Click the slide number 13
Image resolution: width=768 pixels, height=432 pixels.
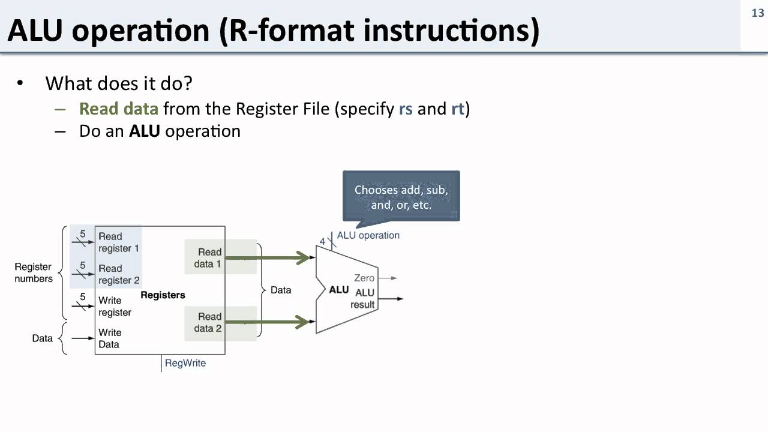757,13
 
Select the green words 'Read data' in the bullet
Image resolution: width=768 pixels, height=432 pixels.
119,109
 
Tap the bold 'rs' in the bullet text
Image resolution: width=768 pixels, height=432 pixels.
406,109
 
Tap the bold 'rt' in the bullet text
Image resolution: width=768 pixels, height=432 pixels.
458,109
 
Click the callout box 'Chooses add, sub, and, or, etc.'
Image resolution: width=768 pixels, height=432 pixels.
401,197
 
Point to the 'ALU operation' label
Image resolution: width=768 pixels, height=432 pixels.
368,235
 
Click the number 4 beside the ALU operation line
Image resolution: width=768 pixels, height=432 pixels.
322,242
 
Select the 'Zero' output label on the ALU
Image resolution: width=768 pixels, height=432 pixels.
364,278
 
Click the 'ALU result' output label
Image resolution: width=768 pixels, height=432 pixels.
364,298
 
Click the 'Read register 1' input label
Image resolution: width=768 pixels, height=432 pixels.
119,242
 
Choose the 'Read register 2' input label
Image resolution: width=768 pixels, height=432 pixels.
119,274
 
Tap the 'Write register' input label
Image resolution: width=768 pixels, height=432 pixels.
115,306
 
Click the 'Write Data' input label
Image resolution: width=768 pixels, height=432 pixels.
109,338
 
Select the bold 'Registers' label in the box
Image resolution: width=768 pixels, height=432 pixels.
163,295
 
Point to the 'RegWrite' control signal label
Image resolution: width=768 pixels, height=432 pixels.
185,363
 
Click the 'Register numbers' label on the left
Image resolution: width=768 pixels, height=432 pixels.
34,272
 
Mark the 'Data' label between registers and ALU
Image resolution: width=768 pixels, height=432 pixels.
281,290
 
